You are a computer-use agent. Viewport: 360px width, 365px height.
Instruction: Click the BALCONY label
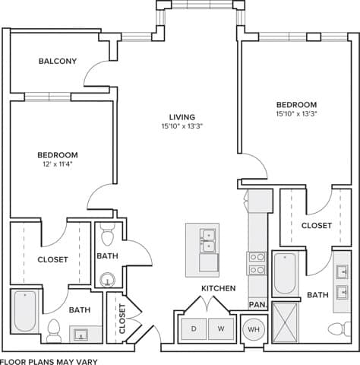click(x=57, y=62)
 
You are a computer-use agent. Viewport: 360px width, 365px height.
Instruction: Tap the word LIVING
click(x=182, y=116)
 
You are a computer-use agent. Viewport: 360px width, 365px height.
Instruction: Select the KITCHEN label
click(x=218, y=288)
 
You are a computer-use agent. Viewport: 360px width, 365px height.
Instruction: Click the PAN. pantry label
click(x=257, y=304)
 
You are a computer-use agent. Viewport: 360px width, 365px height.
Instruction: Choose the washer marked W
click(x=220, y=328)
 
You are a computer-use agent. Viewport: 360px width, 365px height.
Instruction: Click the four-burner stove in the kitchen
click(x=257, y=262)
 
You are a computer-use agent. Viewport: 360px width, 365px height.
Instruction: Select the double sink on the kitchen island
click(x=206, y=240)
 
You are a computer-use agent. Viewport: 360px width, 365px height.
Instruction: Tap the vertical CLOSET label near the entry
click(x=122, y=319)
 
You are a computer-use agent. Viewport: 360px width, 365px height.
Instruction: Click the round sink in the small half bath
click(x=109, y=280)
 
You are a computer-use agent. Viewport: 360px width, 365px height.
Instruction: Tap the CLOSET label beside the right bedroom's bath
click(x=316, y=226)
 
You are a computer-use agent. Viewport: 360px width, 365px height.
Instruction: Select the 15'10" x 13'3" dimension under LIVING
click(x=182, y=127)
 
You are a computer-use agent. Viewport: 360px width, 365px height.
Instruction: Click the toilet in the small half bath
click(x=107, y=229)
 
